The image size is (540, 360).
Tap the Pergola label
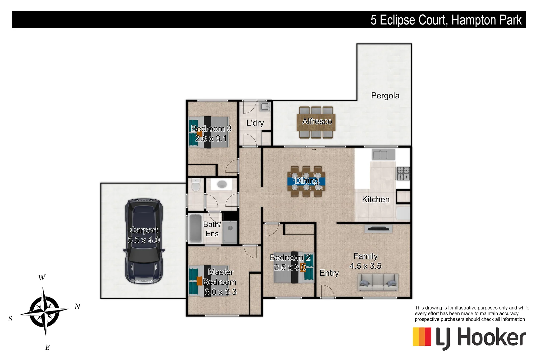point(385,96)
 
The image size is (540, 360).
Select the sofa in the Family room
point(378,282)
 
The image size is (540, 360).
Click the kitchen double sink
point(380,155)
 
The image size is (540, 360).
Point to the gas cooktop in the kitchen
point(403,174)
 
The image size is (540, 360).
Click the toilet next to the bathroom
point(196,185)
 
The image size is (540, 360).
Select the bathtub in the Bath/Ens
point(195,228)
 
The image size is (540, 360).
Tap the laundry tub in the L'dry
point(265,107)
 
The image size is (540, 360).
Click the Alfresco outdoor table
point(316,122)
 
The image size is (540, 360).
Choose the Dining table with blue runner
point(306,181)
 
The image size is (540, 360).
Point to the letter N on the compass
point(77,307)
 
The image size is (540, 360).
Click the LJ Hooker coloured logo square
point(422,337)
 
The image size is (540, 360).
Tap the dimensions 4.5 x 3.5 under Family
point(365,266)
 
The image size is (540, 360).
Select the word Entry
point(329,273)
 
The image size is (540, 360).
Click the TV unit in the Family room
point(378,229)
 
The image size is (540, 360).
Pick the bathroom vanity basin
point(221,184)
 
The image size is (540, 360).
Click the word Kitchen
point(376,199)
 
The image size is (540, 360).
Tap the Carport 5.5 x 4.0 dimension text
point(144,240)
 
